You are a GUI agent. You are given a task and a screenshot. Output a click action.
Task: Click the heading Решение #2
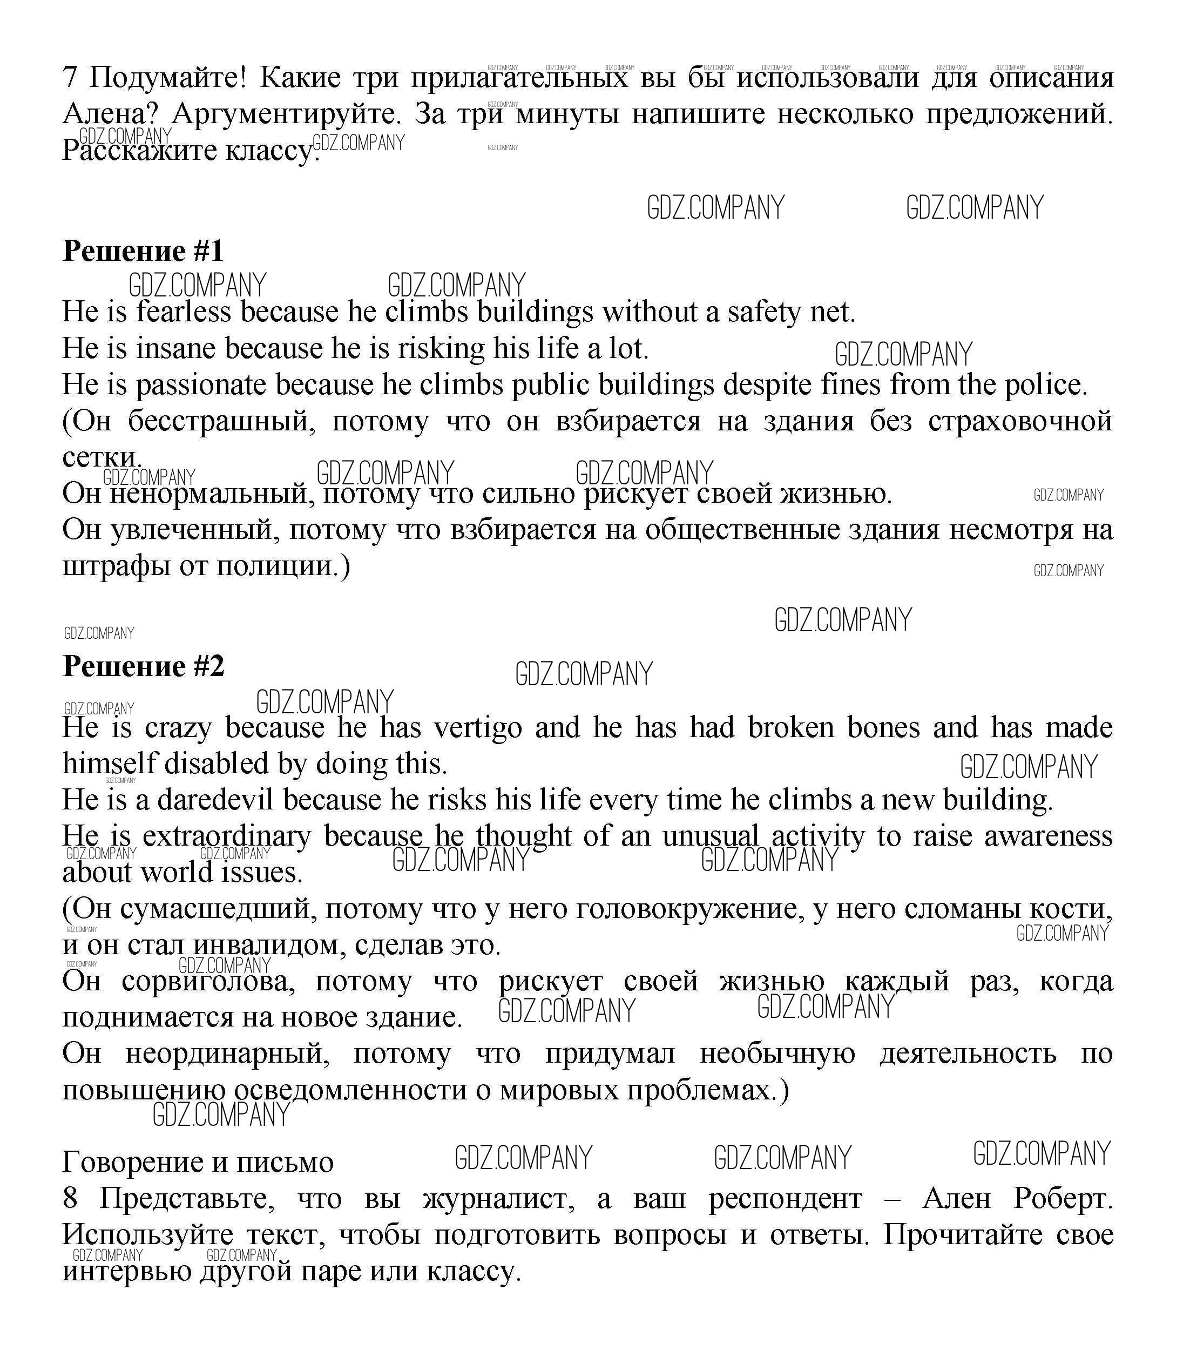(144, 666)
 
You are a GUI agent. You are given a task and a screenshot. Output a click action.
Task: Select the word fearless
(184, 312)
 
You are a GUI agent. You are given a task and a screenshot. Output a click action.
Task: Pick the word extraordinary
(226, 836)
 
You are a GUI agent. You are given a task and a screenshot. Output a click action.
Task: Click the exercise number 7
(70, 78)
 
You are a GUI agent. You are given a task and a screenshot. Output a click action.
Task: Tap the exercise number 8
(70, 1199)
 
